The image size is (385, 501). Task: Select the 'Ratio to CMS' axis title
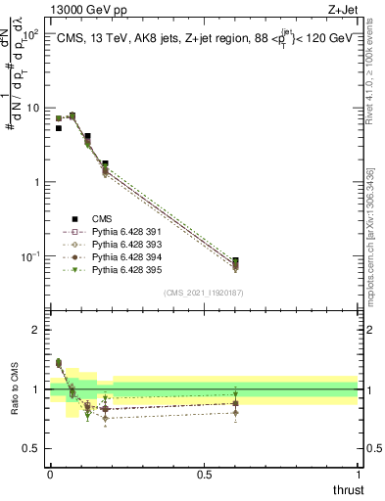14,389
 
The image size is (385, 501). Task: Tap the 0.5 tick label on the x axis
204,476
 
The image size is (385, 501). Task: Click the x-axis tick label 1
358,476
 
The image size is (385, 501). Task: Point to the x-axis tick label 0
50,476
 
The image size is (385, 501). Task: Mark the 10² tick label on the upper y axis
29,35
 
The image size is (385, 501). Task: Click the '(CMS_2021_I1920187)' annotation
204,293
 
